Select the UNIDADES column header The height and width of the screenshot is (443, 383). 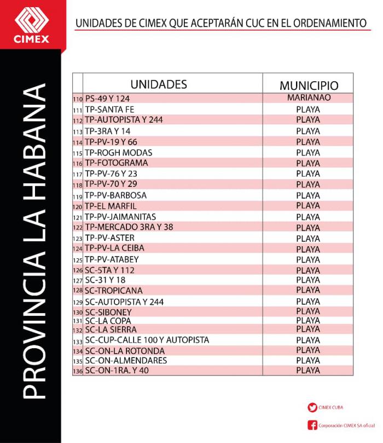[159, 84]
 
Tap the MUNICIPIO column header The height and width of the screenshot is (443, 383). [309, 86]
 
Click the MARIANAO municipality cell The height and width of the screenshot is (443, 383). [309, 98]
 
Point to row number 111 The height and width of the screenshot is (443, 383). [77, 110]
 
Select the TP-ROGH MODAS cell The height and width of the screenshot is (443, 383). [119, 152]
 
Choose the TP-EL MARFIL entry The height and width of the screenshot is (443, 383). [112, 206]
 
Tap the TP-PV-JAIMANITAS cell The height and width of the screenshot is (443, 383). [120, 217]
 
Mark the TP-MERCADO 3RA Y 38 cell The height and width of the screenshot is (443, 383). [129, 227]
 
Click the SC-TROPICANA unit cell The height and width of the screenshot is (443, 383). [114, 291]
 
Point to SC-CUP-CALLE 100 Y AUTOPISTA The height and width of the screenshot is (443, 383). [147, 340]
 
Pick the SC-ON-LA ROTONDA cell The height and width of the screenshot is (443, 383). [125, 350]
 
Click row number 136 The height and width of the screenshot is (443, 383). [77, 371]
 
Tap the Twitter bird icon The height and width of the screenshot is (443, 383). [312, 407]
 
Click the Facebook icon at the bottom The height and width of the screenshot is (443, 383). [312, 425]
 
